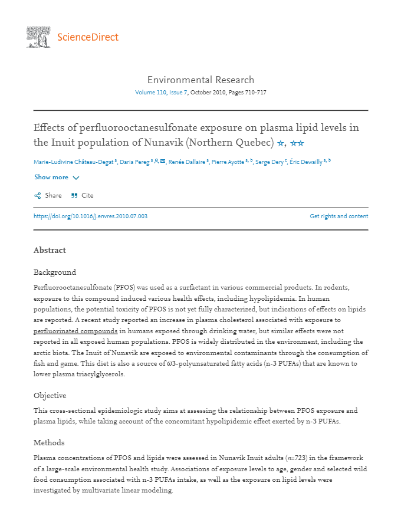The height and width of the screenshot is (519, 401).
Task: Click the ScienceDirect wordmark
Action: coord(88,37)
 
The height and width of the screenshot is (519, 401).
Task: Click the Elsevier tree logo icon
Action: coord(38,37)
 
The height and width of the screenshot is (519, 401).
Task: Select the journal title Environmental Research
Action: coord(200,80)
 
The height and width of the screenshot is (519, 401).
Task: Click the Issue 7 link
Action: coord(179,93)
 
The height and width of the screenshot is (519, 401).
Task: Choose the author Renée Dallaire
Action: coord(186,162)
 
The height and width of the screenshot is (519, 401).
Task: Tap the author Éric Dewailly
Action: coord(305,162)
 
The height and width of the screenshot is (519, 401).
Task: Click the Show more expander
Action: coord(57,177)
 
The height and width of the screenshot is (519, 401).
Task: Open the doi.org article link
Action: coord(90,216)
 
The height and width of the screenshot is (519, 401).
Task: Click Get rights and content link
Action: coord(338,216)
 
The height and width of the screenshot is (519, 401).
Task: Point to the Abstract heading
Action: coord(50,250)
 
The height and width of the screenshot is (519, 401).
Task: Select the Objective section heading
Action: coord(50,395)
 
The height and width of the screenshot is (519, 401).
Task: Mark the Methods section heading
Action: coord(49,442)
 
